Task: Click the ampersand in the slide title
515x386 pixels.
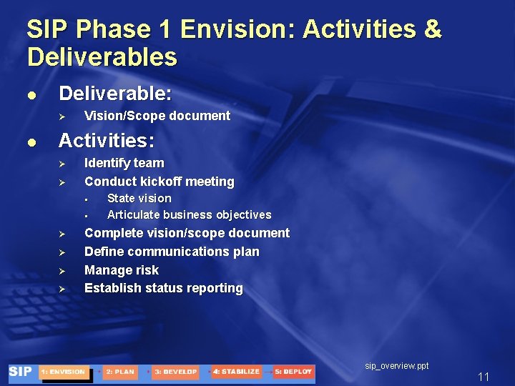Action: (x=433, y=29)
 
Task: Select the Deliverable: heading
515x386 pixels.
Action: (x=115, y=94)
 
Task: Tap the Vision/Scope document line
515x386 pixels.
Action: (x=157, y=116)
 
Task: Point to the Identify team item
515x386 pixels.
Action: (x=124, y=163)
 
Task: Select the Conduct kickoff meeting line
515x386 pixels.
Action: (x=159, y=182)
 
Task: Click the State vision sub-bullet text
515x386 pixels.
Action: (x=139, y=198)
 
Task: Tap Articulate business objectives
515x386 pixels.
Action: (x=189, y=214)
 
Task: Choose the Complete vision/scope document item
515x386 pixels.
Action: (x=187, y=233)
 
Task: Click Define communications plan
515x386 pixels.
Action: (x=172, y=252)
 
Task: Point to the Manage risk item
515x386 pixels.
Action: (x=122, y=270)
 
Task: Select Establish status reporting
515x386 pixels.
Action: (x=163, y=288)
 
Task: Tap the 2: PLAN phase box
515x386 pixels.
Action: (x=119, y=372)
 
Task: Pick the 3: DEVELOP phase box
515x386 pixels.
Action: (x=175, y=372)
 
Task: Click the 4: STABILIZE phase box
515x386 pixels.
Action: (x=236, y=372)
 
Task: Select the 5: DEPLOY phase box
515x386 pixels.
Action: (x=293, y=372)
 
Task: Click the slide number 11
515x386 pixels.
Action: (x=484, y=377)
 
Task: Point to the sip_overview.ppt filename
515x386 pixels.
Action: (x=397, y=365)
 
